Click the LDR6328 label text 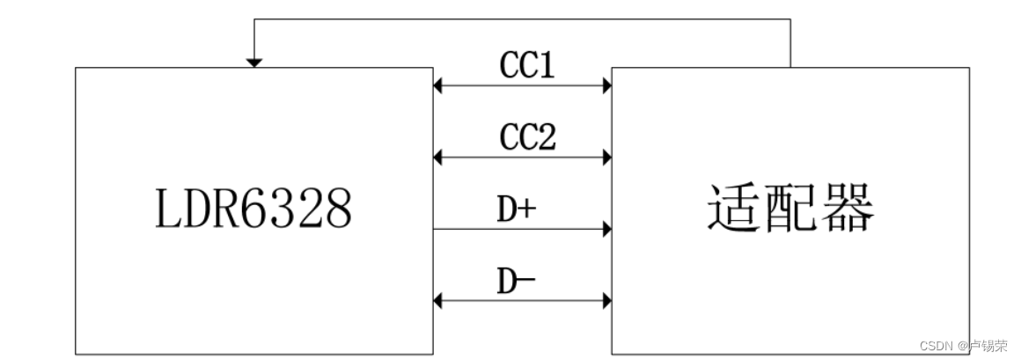[x=254, y=209]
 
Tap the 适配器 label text [x=790, y=209]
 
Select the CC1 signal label [x=527, y=65]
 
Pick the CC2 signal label [x=527, y=136]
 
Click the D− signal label [x=518, y=281]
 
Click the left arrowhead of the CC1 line [x=438, y=85]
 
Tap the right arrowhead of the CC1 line [x=606, y=85]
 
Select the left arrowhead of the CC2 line [x=438, y=158]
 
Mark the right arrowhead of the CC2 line [x=606, y=158]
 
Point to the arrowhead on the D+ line [x=606, y=230]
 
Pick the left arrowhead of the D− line [x=438, y=302]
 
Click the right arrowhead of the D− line [x=606, y=302]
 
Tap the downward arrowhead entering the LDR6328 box [x=253, y=62]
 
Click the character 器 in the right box [x=847, y=209]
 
